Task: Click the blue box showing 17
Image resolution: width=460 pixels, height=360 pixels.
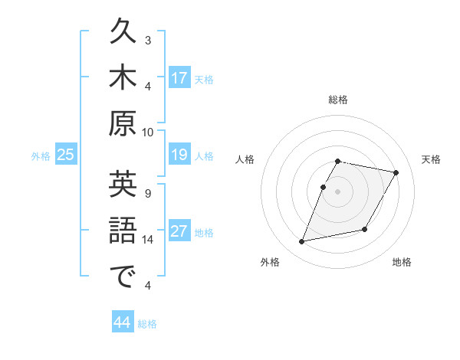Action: (x=179, y=77)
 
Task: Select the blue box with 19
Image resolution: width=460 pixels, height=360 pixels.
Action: (x=179, y=155)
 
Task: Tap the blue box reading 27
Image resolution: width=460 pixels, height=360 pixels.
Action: (x=179, y=231)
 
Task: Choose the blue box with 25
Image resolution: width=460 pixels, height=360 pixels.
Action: (x=66, y=155)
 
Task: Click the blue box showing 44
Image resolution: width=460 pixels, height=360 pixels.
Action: (x=123, y=322)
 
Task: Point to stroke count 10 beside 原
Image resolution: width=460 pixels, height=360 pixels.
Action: (x=148, y=132)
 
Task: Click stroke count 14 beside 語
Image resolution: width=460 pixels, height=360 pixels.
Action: (x=148, y=240)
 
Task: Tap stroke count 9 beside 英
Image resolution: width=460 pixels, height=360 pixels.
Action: (x=148, y=193)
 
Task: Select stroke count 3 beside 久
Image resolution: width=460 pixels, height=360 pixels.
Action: (x=148, y=40)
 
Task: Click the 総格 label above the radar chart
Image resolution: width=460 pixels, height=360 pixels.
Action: (x=338, y=100)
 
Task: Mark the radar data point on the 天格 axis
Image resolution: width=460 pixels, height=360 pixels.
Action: (x=396, y=173)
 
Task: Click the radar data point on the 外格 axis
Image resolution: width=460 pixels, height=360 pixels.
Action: (x=302, y=242)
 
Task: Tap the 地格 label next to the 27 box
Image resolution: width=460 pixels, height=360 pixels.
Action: (x=204, y=233)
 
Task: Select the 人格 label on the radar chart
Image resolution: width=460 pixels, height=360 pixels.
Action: (x=245, y=159)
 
